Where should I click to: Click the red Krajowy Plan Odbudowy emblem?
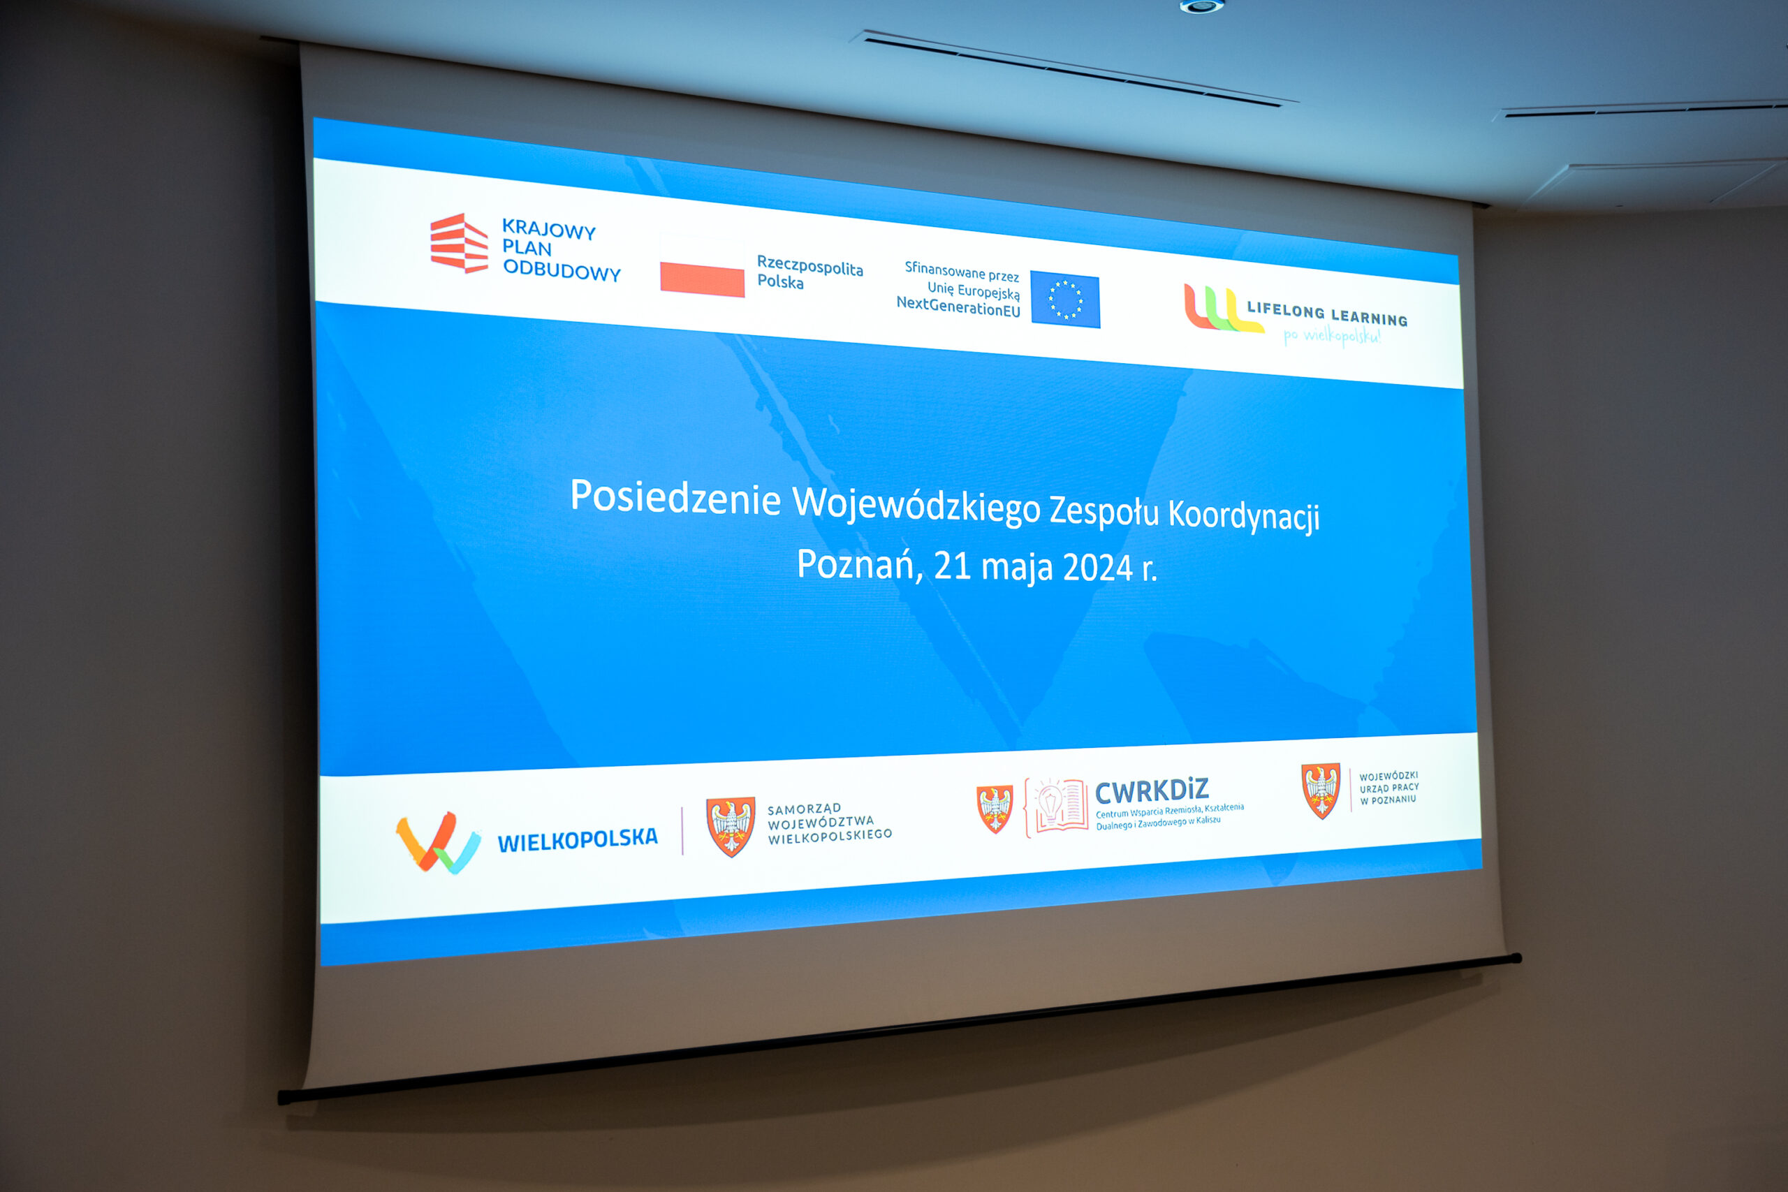tap(458, 242)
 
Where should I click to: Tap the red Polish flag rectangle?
tap(702, 280)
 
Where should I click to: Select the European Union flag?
tap(1065, 300)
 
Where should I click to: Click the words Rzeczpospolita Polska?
tap(809, 272)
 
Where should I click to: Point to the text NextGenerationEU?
tap(958, 307)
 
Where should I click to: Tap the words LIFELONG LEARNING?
tap(1327, 314)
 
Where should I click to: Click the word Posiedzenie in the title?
tap(675, 497)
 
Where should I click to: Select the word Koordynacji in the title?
tap(1244, 516)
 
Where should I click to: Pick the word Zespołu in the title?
tap(1104, 511)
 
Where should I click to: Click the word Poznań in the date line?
tap(860, 565)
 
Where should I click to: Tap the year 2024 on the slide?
tap(1098, 567)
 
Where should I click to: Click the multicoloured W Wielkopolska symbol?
tap(438, 842)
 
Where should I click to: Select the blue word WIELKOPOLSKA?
tap(577, 839)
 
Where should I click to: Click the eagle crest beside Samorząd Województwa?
tap(731, 826)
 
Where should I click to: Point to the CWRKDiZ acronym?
tap(1152, 791)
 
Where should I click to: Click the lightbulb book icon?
tap(1057, 807)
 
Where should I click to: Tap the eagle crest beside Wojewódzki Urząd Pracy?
tap(1321, 790)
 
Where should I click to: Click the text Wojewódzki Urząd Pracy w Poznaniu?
tap(1389, 788)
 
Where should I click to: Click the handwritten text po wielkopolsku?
tap(1332, 336)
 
